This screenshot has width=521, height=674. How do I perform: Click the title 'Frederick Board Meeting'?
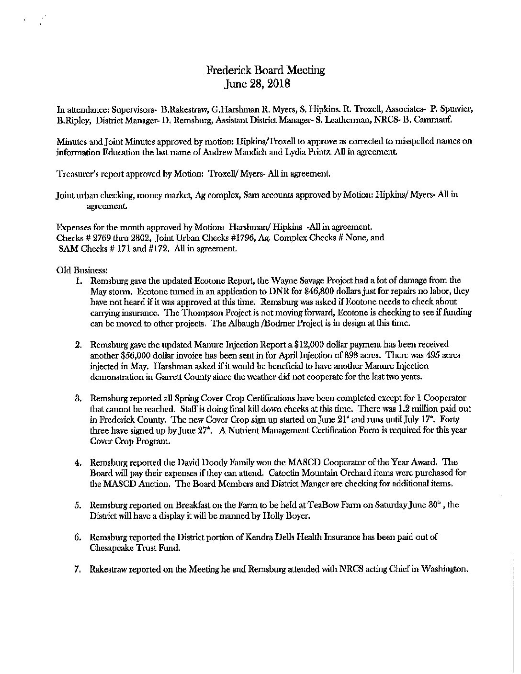tap(265, 70)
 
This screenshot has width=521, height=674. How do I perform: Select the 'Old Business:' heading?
tap(76, 270)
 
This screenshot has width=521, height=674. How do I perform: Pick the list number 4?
tap(77, 462)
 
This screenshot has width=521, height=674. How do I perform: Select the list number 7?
tap(77, 569)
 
